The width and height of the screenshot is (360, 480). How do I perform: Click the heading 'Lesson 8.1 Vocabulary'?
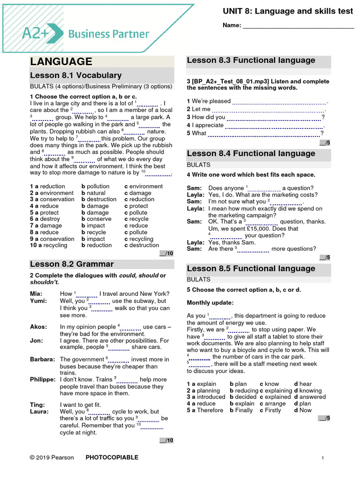point(75,75)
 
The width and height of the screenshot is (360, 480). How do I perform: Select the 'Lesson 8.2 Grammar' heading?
point(72,264)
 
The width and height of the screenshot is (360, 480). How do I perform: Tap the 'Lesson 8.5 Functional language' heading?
point(251,269)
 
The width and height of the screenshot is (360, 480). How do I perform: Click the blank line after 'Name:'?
point(298,26)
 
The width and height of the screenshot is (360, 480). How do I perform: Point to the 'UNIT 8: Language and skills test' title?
point(288,11)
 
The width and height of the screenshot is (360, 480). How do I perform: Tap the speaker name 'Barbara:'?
point(43,360)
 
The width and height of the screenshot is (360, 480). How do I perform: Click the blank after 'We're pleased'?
point(279,101)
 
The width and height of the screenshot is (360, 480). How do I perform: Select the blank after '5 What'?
point(263,133)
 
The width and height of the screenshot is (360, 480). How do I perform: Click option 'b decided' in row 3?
point(243,397)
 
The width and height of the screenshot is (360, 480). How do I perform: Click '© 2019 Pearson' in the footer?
point(52,457)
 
